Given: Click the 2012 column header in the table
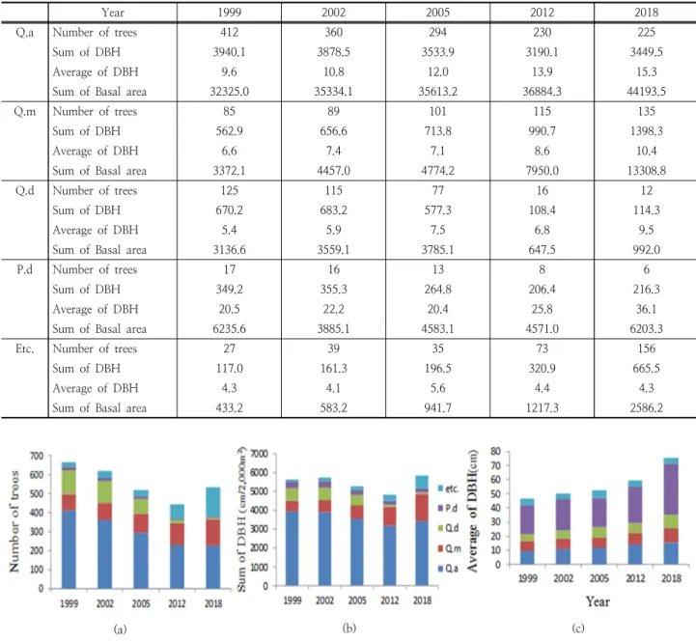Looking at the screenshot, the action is click(542, 13).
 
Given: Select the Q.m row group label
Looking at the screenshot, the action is click(24, 111).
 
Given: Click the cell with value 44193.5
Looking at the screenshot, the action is click(647, 92).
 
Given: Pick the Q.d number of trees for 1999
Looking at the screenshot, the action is click(229, 190).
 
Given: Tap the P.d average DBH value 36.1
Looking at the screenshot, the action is click(647, 309).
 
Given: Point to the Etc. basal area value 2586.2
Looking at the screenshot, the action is click(647, 408).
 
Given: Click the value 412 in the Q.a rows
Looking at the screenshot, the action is click(229, 32).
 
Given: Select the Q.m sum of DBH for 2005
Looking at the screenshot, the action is click(437, 131).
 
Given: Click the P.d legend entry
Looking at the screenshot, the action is click(448, 509).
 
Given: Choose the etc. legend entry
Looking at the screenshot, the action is click(448, 488).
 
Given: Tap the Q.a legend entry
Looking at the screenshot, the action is click(448, 569).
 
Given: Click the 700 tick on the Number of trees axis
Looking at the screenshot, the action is click(37, 456).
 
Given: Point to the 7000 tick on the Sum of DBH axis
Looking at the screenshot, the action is click(260, 454).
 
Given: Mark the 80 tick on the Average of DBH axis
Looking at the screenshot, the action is click(495, 451).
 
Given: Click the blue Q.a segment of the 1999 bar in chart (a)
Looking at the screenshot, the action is click(69, 549).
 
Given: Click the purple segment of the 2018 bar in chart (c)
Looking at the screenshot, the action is click(671, 489).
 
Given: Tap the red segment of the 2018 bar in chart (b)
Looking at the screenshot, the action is click(422, 508).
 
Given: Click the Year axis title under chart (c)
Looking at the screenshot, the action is click(598, 601).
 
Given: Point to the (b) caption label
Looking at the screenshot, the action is click(349, 628).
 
